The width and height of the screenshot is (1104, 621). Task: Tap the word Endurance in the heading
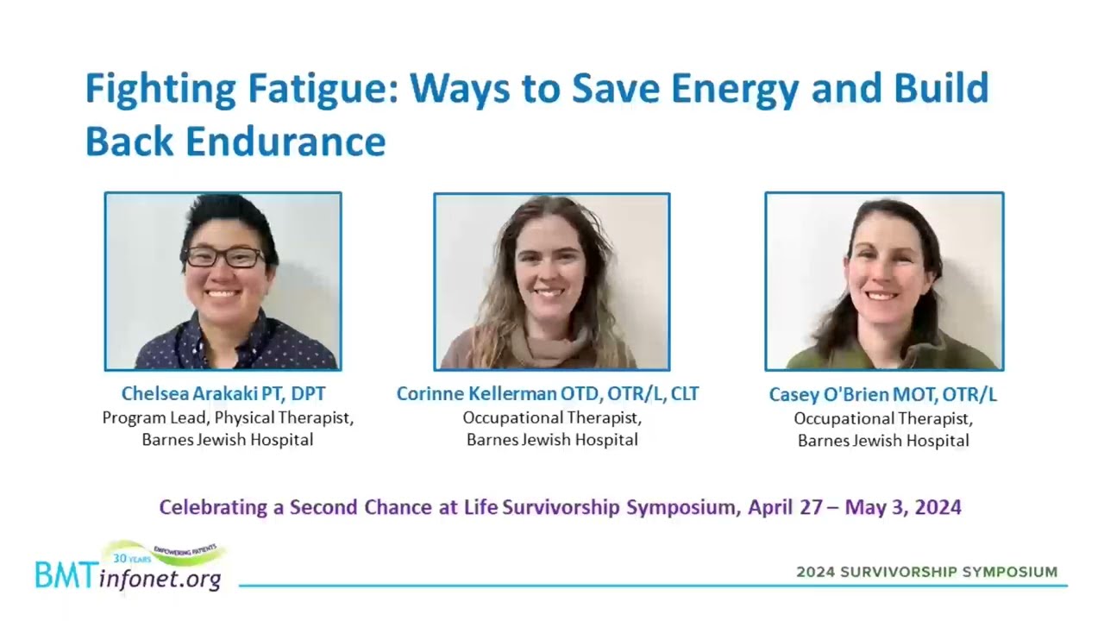coord(285,141)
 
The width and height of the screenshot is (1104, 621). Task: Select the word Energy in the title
coord(735,89)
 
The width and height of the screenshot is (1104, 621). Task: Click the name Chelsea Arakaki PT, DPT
coord(223,394)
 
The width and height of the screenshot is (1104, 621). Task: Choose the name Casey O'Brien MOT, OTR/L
coord(882,395)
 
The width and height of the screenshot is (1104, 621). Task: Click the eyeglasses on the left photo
coord(225,257)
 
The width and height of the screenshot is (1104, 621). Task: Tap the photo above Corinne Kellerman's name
coord(551,281)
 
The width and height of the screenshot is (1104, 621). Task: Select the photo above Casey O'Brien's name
coord(884,281)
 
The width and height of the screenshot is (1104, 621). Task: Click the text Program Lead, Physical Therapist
coord(228,418)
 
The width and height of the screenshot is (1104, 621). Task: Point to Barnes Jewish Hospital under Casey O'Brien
coord(883,440)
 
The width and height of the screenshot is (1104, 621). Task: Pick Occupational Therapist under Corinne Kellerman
coord(552,418)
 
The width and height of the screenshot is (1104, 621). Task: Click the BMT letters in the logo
coord(66,575)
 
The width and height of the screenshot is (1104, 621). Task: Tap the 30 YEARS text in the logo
coord(132,558)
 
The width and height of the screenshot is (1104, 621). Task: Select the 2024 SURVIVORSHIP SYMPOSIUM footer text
coord(927,572)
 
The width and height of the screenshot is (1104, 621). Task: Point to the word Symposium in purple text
coord(684,507)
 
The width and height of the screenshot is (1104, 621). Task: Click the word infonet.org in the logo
coord(160,578)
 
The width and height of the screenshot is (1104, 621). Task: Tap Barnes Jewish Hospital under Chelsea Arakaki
coord(228,440)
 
